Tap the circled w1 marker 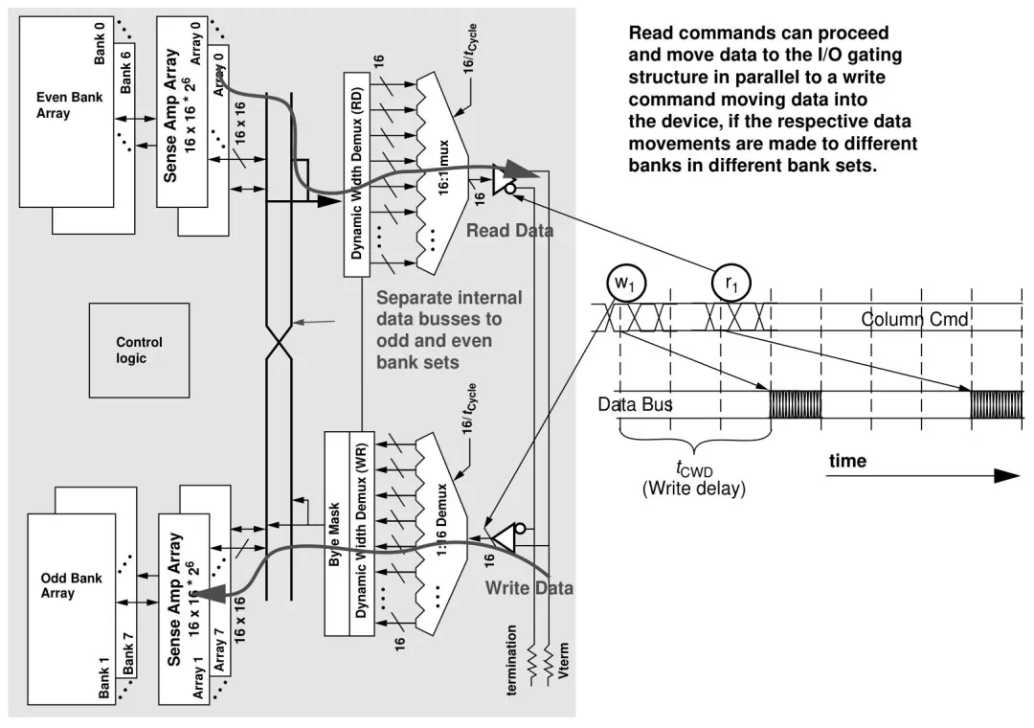pos(623,284)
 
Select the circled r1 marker pos(732,284)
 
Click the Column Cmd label pos(914,319)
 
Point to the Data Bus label pos(635,404)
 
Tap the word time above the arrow pos(847,461)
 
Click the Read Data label pos(509,231)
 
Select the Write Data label pos(528,588)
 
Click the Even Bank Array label pos(69,105)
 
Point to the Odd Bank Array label pos(72,586)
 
